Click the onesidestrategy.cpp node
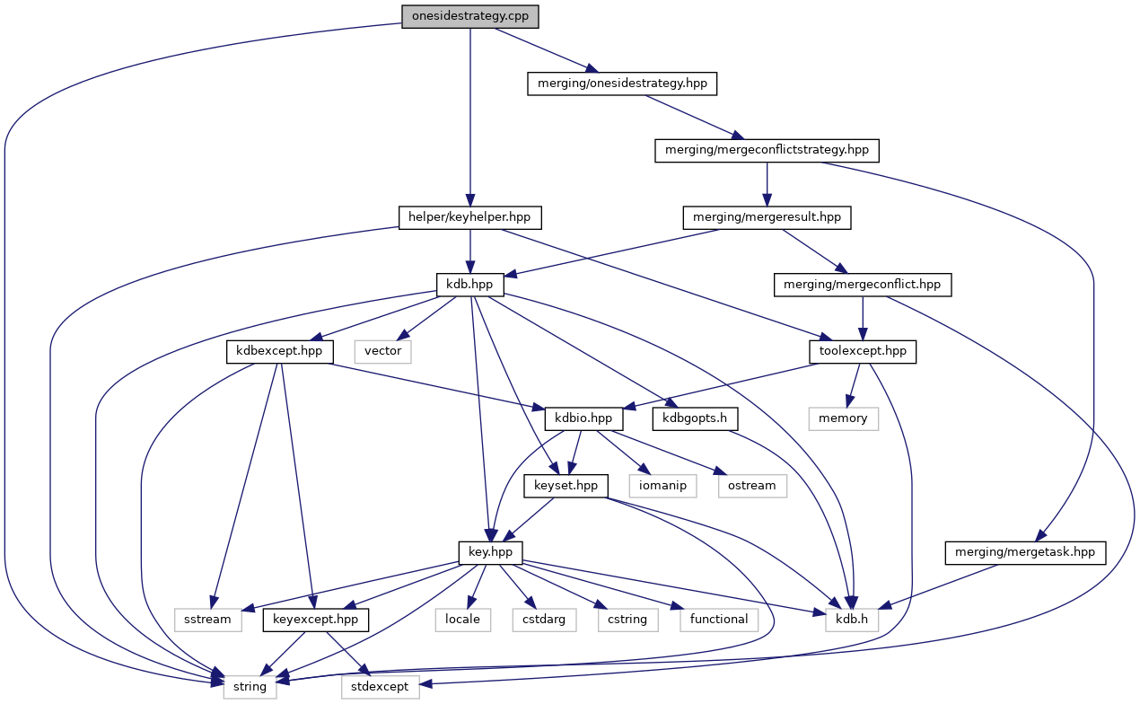click(470, 17)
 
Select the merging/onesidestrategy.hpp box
click(622, 84)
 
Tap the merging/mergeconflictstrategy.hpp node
click(766, 150)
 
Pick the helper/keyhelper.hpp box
click(470, 217)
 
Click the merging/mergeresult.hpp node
click(766, 217)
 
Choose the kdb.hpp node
click(470, 285)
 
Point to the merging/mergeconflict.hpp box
click(862, 285)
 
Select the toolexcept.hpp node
click(862, 351)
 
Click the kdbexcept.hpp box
click(279, 351)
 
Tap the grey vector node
click(382, 351)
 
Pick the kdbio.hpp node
click(583, 418)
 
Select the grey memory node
click(843, 418)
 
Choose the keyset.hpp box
click(566, 486)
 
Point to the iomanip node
click(662, 486)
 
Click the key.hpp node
click(490, 552)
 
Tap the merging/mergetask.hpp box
click(1025, 552)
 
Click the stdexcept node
click(379, 687)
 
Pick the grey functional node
click(718, 620)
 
